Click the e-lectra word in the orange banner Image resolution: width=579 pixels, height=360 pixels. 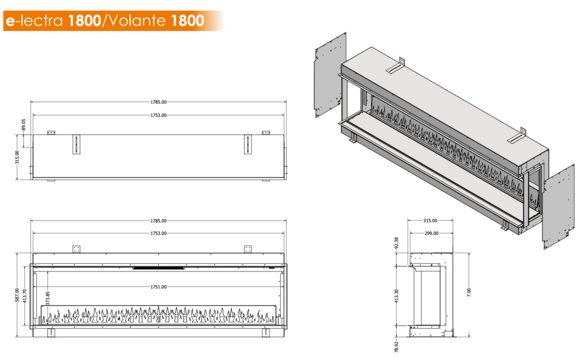tap(34, 20)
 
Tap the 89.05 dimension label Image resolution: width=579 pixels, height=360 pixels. tap(24, 125)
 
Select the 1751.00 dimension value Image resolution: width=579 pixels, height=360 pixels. tap(158, 287)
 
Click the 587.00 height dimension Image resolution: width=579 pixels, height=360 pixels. tap(17, 295)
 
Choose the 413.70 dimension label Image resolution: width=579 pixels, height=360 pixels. tap(24, 296)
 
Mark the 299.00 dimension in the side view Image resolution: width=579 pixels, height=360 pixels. tap(431, 233)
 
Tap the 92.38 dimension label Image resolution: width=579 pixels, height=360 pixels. tap(396, 243)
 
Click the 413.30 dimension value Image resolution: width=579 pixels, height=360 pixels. tap(396, 296)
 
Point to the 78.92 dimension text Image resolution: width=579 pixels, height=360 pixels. tap(396, 347)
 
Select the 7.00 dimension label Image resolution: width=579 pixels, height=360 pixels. tap(469, 292)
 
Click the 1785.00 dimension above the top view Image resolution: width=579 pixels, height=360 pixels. tap(158, 102)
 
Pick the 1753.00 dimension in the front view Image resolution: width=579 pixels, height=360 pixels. tap(158, 233)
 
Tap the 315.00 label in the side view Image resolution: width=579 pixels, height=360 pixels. tap(430, 221)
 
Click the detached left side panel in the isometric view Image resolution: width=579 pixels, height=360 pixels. tap(329, 74)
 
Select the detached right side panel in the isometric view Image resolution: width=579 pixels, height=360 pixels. tap(558, 207)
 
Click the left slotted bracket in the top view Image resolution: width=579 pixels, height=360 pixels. tap(76, 144)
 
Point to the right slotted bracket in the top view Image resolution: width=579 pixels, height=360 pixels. tap(248, 144)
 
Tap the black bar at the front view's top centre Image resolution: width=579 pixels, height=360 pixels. tap(158, 268)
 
